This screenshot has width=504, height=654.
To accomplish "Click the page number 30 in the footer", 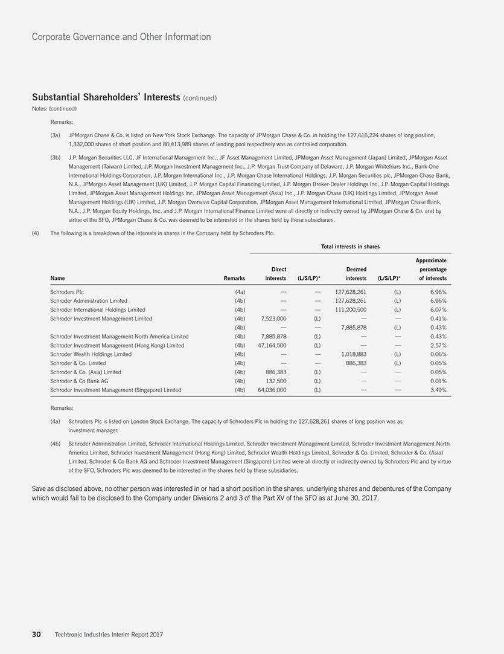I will [36, 634].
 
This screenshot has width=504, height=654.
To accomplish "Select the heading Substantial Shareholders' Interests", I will [106, 97].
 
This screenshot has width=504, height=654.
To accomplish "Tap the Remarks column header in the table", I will [234, 278].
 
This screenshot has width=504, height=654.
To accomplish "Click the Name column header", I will [57, 278].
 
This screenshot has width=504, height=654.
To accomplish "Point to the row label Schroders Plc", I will [67, 291].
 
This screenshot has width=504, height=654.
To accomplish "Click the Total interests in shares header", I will [350, 246].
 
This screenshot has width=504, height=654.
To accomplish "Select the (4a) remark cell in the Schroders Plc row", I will [239, 291].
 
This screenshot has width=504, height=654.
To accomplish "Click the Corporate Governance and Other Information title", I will [121, 37].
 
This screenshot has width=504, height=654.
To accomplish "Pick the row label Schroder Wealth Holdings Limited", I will [91, 354].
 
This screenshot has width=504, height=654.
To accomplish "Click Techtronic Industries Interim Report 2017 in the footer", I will [109, 634].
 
